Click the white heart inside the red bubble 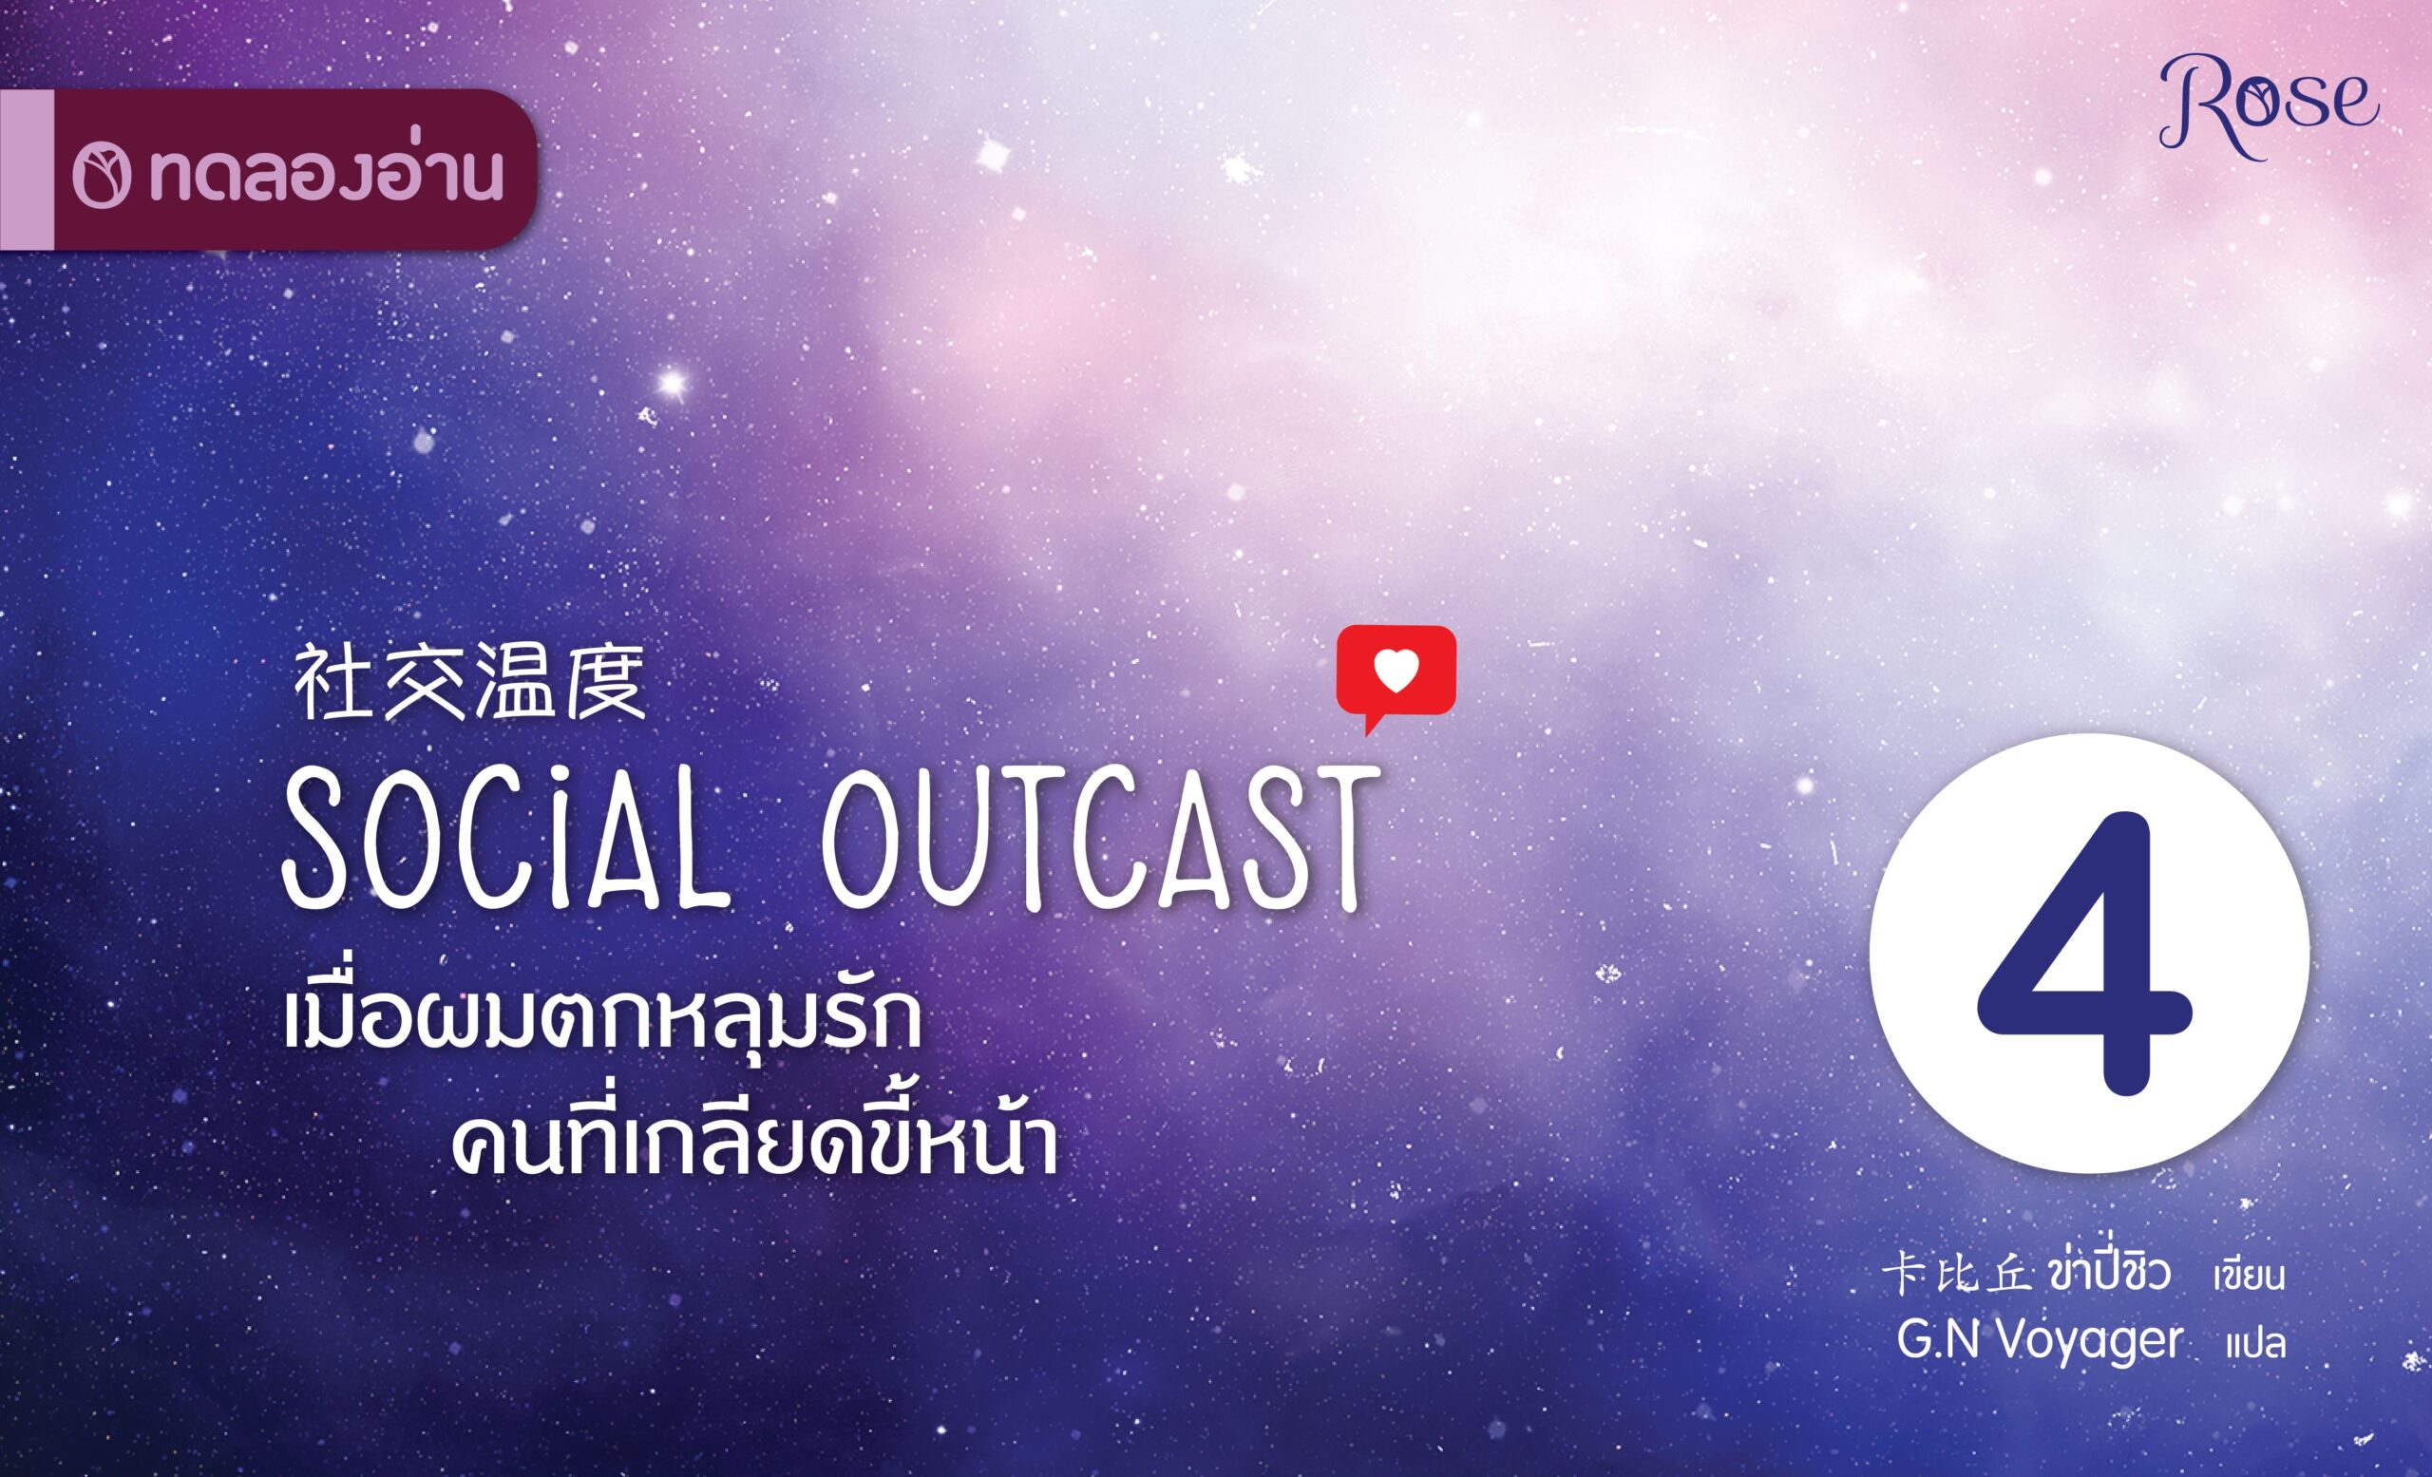pyautogui.click(x=1396, y=670)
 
